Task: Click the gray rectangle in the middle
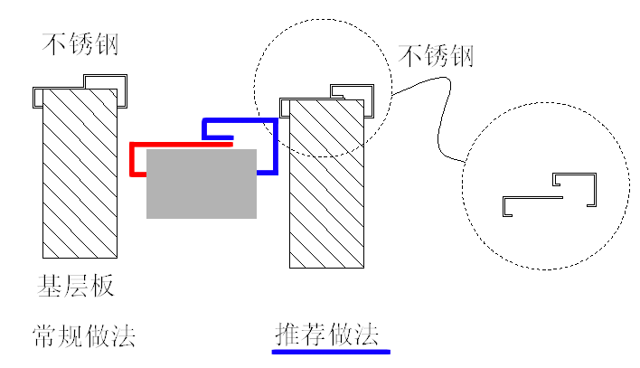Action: (202, 184)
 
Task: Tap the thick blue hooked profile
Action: (276, 147)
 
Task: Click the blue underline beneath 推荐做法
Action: (331, 352)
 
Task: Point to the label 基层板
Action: (76, 286)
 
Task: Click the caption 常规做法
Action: (84, 335)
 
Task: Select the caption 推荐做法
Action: (327, 335)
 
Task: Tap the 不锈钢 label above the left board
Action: (80, 43)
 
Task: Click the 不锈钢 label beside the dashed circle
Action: (436, 56)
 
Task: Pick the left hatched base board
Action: (80, 174)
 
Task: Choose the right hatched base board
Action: (326, 184)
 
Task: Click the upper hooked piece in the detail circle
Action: (595, 190)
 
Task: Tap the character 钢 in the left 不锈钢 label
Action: (106, 43)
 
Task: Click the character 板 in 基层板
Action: (102, 286)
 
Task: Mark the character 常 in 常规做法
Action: (44, 335)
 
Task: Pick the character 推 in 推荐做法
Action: (287, 335)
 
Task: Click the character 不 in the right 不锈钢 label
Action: (409, 56)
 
